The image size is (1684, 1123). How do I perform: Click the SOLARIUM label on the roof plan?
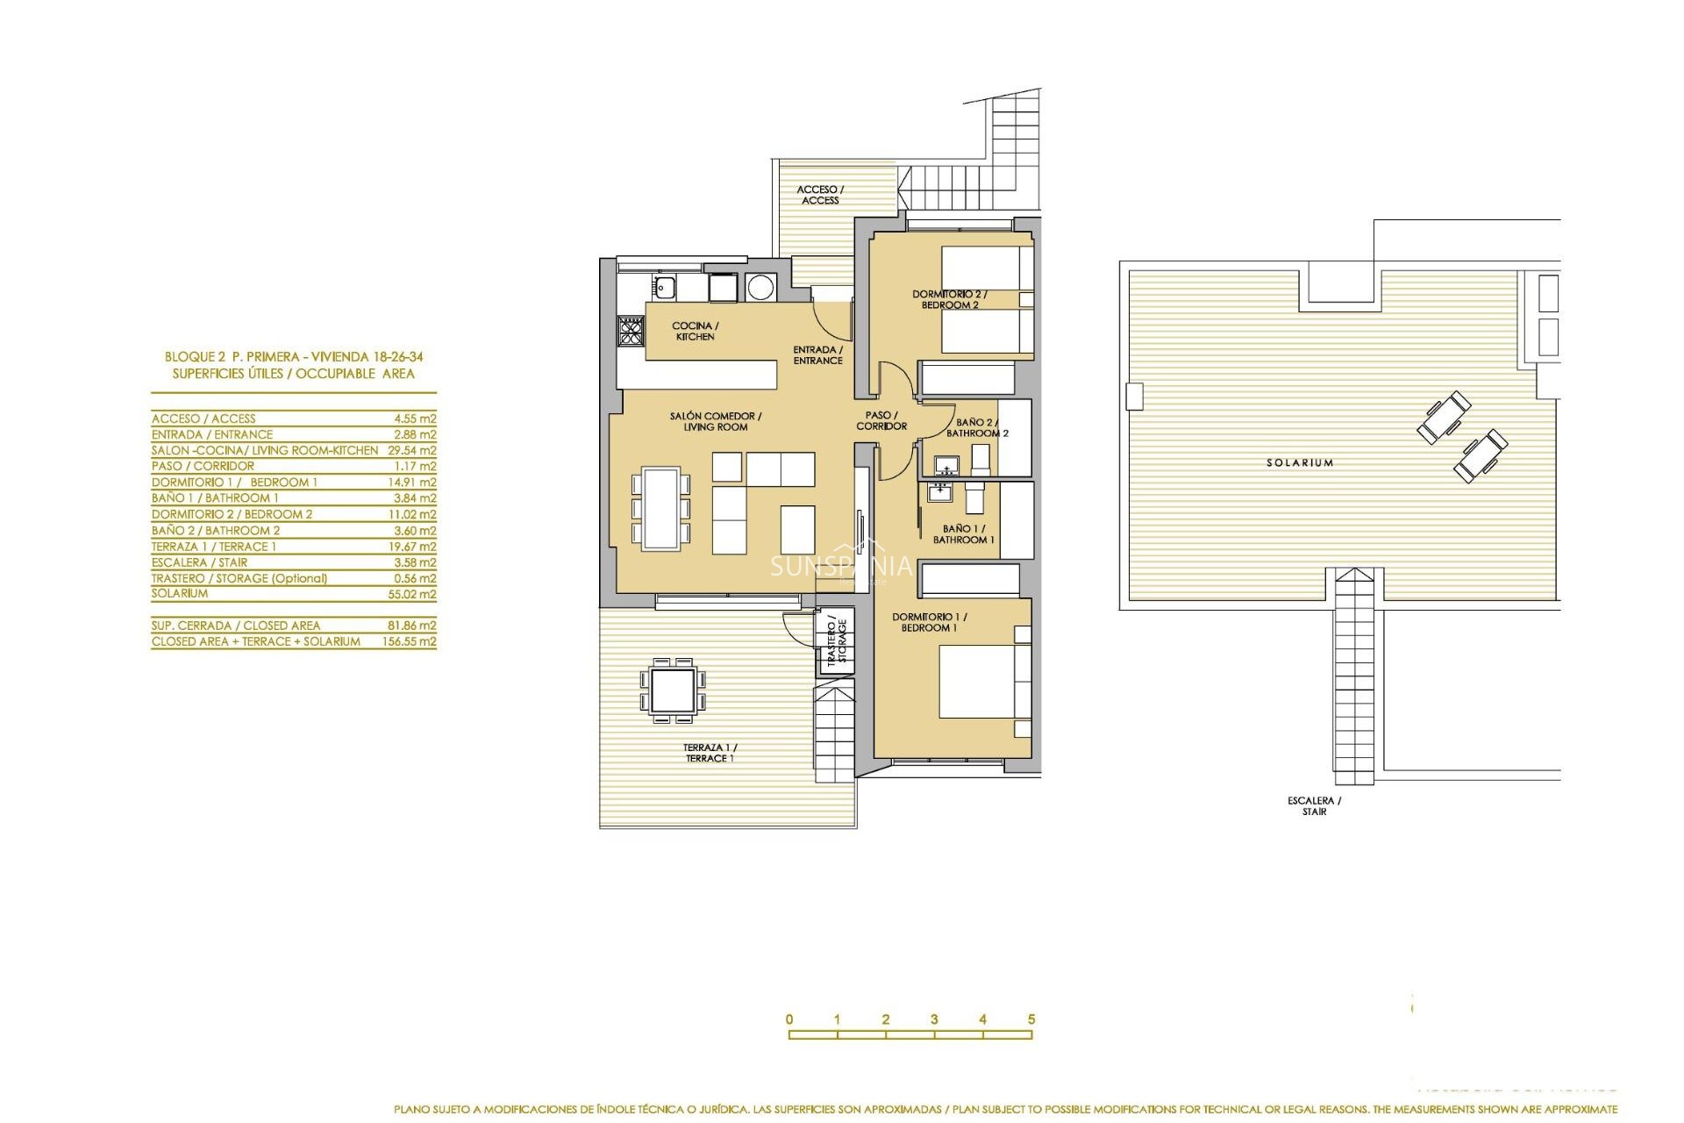(x=1299, y=462)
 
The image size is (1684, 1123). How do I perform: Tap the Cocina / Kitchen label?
(x=695, y=331)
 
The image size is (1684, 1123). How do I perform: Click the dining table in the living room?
(x=660, y=508)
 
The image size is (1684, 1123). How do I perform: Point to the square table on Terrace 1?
(x=673, y=690)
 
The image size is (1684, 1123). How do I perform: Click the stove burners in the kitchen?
(x=631, y=331)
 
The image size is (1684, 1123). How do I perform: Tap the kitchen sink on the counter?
(x=664, y=286)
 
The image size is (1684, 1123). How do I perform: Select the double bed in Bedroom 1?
(x=978, y=682)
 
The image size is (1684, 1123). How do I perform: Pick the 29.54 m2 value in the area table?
(x=411, y=450)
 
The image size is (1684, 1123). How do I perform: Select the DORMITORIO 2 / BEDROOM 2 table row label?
(x=232, y=514)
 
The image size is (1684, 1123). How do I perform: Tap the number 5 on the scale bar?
(x=1031, y=1019)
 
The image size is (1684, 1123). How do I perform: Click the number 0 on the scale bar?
(x=789, y=1019)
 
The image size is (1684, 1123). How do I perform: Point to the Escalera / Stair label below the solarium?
(x=1314, y=805)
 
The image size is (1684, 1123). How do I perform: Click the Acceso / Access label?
(x=820, y=195)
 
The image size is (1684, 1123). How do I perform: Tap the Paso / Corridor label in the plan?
(x=881, y=420)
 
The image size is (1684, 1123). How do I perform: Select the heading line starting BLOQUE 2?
(x=294, y=357)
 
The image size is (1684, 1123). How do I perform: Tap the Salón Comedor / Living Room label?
(x=716, y=421)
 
